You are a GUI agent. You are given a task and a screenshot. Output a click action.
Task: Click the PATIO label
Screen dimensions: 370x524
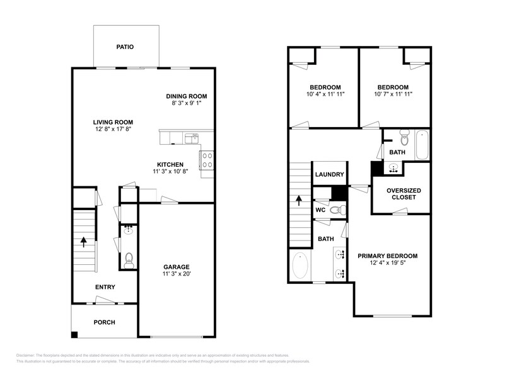pyautogui.click(x=124, y=47)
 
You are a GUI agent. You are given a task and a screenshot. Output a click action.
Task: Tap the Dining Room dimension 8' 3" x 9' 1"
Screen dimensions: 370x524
pyautogui.click(x=186, y=104)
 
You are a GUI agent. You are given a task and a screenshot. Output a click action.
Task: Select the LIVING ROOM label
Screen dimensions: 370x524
pyautogui.click(x=113, y=122)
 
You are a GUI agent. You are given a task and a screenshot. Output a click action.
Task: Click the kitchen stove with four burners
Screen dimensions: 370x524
pyautogui.click(x=206, y=160)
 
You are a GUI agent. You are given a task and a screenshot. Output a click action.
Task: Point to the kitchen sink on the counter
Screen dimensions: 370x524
pyautogui.click(x=192, y=137)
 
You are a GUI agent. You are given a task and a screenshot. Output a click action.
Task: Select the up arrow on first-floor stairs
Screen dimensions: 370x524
pyautogui.click(x=83, y=242)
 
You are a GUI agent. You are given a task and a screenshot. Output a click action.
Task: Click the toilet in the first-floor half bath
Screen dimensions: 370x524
pyautogui.click(x=129, y=258)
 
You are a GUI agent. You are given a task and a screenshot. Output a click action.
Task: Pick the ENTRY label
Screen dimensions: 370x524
pyautogui.click(x=105, y=287)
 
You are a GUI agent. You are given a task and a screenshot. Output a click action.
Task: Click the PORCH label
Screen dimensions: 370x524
pyautogui.click(x=104, y=322)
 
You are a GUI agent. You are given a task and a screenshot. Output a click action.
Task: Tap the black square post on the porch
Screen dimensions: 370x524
pyautogui.click(x=74, y=334)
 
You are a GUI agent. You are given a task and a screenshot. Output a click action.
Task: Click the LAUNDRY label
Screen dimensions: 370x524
pyautogui.click(x=329, y=175)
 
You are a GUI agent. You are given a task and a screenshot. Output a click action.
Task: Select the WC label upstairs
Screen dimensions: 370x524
pyautogui.click(x=320, y=210)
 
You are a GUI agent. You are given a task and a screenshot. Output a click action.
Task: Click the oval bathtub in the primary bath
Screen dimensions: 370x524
pyautogui.click(x=300, y=266)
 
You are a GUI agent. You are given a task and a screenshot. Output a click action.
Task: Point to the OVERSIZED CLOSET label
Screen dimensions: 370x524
pyautogui.click(x=404, y=194)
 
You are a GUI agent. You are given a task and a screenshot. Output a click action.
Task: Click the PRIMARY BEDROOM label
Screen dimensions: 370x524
pyautogui.click(x=387, y=255)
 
